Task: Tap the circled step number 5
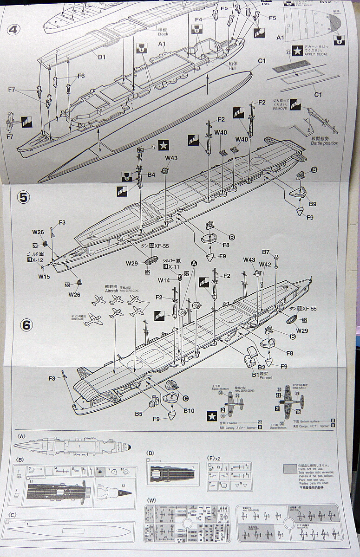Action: pos(24,197)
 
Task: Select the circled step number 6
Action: pos(26,325)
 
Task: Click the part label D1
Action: pos(102,57)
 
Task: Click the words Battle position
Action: pos(324,143)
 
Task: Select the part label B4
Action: pos(151,175)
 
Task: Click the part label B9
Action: pos(312,204)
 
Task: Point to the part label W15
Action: pos(44,276)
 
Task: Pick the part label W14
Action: pos(164,280)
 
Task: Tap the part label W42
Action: pos(265,264)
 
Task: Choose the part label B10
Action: pos(189,410)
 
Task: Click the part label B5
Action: pos(138,413)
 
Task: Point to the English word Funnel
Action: pos(266,377)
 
